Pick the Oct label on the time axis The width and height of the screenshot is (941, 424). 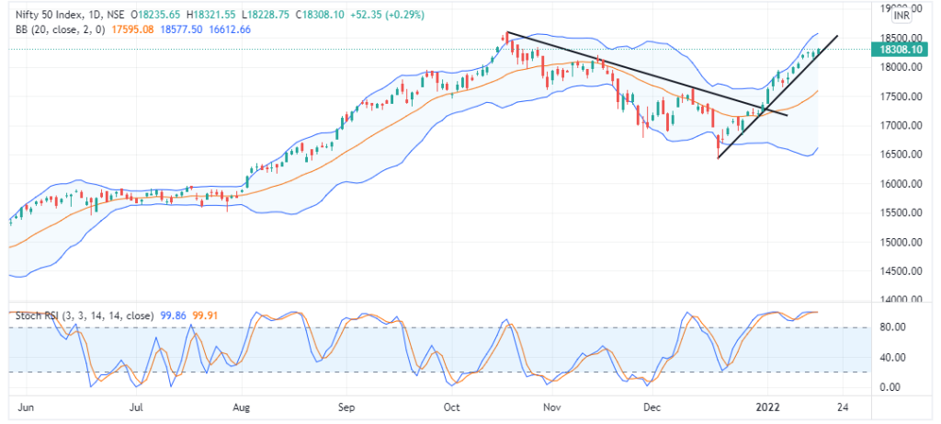click(x=451, y=406)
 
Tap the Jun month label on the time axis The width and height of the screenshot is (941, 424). click(x=27, y=406)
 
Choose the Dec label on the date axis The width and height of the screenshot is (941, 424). click(x=653, y=406)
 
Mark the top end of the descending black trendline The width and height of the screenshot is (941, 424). click(x=507, y=33)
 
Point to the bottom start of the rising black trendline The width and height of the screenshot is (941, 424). click(x=718, y=158)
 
